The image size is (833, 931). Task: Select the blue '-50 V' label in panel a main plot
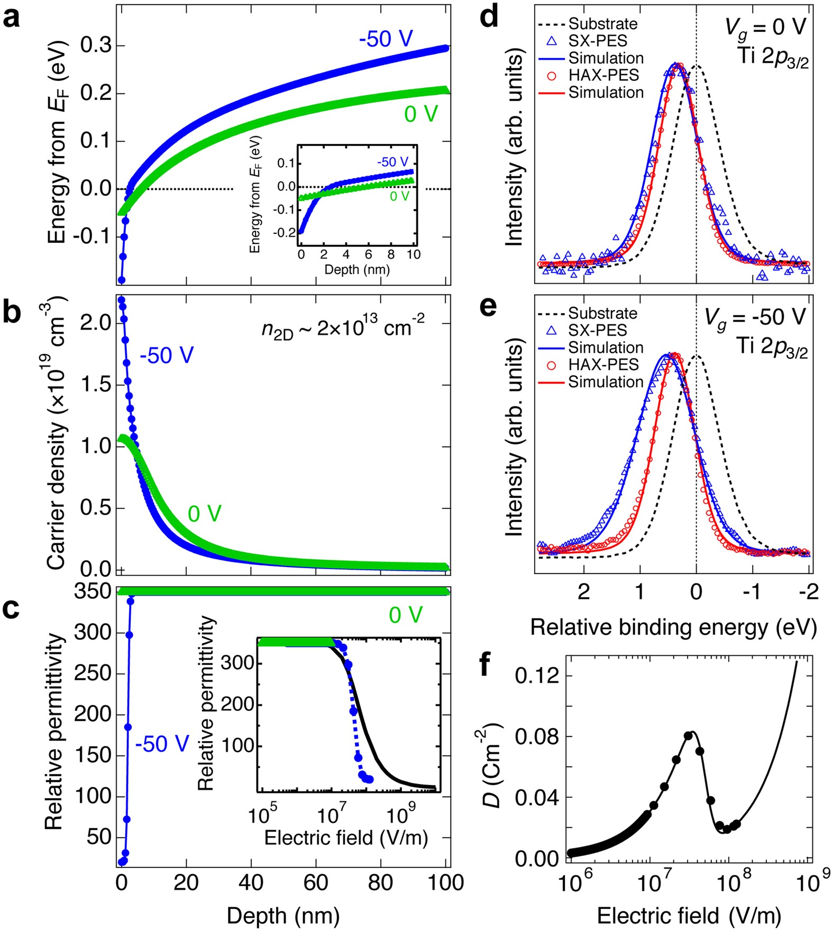tap(386, 39)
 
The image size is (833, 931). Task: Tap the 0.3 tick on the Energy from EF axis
tap(96, 46)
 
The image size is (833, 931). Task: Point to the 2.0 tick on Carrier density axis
tap(96, 323)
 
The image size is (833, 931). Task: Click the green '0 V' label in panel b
tap(204, 514)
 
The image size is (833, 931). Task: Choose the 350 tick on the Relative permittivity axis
tap(92, 591)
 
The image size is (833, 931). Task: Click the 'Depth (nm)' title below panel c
tap(283, 915)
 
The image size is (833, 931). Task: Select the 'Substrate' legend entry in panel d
tap(603, 24)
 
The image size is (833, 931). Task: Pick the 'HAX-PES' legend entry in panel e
tap(603, 364)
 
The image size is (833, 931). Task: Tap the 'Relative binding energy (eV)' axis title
tap(673, 627)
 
